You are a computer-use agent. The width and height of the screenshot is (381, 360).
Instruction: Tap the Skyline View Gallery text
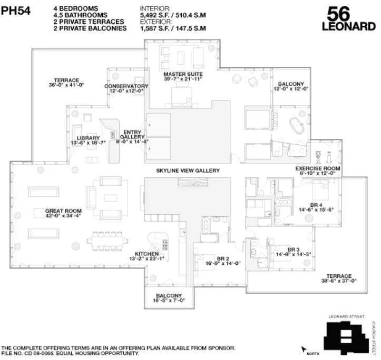tap(188, 171)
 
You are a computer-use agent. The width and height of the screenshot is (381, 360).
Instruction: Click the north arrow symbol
tap(304, 348)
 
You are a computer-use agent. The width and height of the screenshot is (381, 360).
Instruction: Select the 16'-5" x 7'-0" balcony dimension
tap(169, 301)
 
